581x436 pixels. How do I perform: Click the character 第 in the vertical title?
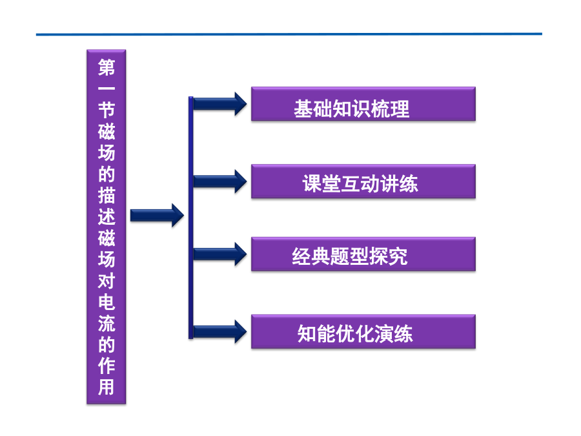pos(107,67)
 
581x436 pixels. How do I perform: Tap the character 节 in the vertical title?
pos(107,110)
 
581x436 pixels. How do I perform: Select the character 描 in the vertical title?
pos(107,195)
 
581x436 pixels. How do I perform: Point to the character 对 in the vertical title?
pos(107,281)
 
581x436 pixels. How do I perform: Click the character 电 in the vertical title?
pos(107,302)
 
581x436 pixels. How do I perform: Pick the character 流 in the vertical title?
pos(107,324)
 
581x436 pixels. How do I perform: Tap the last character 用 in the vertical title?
pos(107,388)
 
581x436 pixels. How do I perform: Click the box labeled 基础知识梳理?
pos(363,104)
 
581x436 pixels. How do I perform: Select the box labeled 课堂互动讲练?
pos(363,182)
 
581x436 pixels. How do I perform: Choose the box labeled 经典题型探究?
pos(363,254)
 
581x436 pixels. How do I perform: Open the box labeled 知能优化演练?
pos(363,331)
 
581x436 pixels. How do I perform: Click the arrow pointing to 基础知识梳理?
pos(220,104)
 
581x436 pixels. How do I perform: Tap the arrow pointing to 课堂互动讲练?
pos(220,182)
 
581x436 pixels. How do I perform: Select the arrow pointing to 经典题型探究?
pos(220,254)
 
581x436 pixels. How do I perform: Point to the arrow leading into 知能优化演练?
pos(220,331)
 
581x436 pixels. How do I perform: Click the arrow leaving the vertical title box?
pos(157,215)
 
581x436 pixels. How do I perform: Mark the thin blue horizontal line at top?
pos(289,34)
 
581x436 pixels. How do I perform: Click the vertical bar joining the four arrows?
pos(191,218)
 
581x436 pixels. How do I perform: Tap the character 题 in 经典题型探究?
pos(340,256)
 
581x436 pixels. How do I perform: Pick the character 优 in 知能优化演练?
pos(345,333)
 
